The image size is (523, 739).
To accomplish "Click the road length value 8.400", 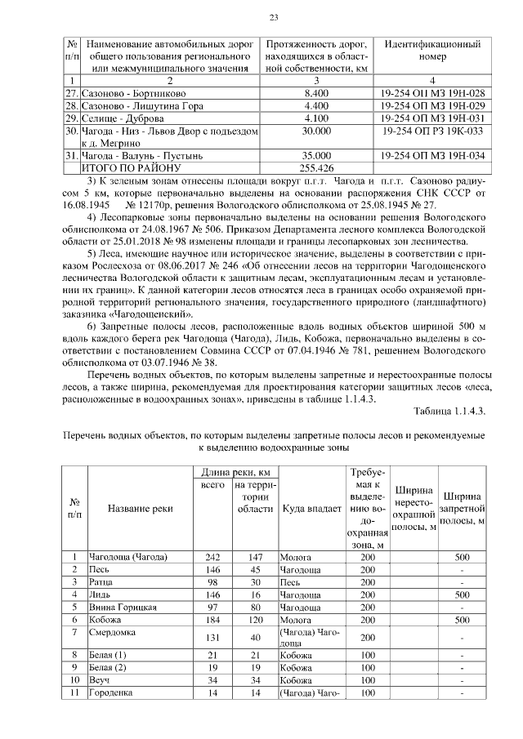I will [315, 95].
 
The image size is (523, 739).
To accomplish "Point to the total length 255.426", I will [315, 165].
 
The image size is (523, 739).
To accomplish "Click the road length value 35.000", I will [315, 154].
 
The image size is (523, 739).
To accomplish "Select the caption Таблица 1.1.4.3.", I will [449, 411].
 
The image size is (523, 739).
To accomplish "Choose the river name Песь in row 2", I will [99, 569].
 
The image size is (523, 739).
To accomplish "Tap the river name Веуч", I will [99, 679].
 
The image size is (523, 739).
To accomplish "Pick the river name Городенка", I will [110, 692].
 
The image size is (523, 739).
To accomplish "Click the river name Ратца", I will [101, 582].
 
